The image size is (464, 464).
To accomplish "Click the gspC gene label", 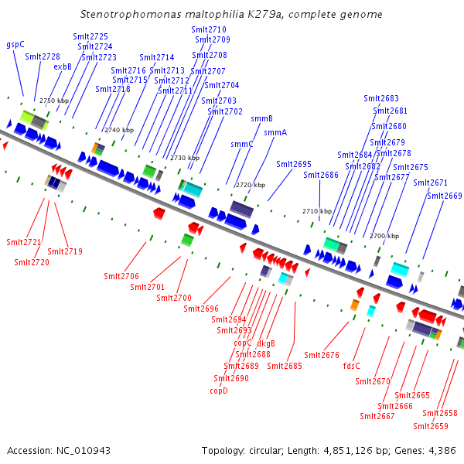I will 15,45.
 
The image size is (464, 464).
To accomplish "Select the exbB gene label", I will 63,67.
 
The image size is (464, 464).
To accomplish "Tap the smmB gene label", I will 261,118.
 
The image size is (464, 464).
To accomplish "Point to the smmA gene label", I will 275,132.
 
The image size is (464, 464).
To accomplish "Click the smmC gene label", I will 242,144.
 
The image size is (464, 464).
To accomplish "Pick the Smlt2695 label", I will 294,164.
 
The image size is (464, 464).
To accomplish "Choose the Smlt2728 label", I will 43,56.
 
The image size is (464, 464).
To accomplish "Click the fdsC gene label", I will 352,366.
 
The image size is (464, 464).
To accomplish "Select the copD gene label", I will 219,391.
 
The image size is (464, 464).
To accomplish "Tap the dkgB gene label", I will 266,343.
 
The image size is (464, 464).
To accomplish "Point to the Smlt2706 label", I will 121,276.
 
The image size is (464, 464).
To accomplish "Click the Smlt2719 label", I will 65,251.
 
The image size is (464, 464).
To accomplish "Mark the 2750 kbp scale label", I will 54,101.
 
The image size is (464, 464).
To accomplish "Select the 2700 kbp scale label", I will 384,236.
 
